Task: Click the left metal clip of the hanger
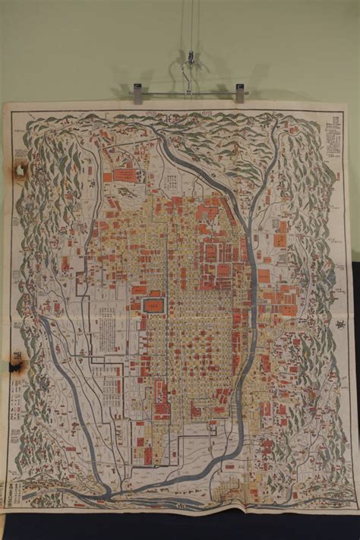(137, 93)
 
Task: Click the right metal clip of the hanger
(240, 93)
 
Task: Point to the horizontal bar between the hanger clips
(188, 93)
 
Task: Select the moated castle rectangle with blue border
(154, 305)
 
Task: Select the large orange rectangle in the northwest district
(125, 175)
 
